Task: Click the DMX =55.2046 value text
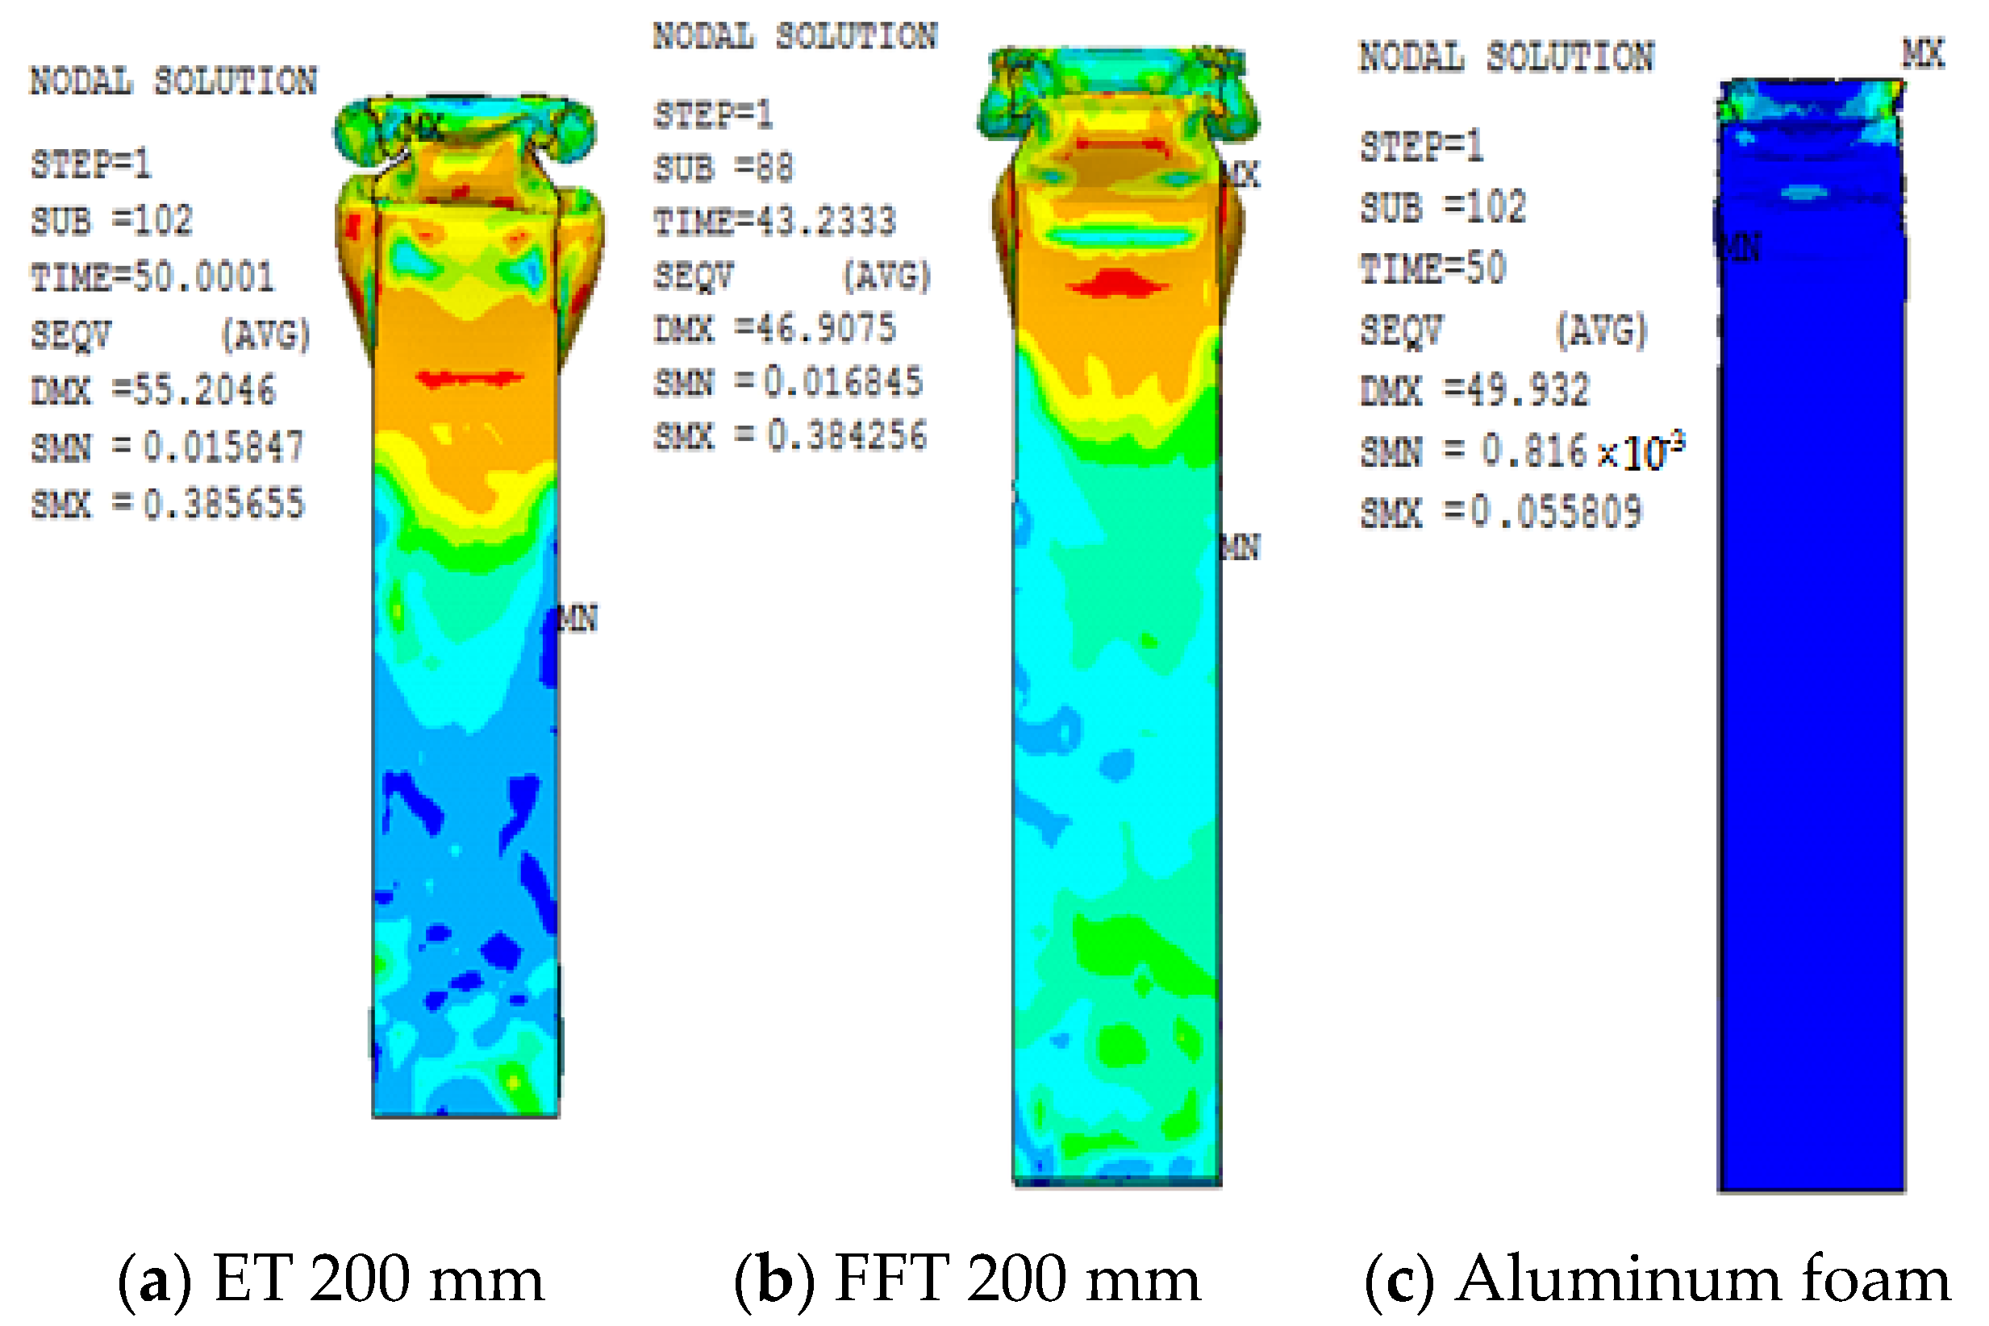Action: (x=152, y=391)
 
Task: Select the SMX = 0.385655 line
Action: (x=167, y=504)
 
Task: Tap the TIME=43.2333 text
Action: (x=774, y=222)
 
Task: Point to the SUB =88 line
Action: (x=723, y=168)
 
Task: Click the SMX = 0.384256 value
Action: (x=790, y=436)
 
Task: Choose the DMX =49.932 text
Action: (x=1474, y=391)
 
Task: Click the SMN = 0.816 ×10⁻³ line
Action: (x=1521, y=451)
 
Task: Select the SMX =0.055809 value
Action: (x=1501, y=512)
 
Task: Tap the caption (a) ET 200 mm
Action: (x=331, y=1278)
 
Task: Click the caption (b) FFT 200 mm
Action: (x=967, y=1278)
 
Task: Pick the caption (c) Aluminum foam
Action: (x=1657, y=1278)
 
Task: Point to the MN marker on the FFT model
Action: (x=1241, y=548)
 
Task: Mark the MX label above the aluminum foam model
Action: (x=1923, y=54)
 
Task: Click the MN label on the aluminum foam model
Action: (x=1741, y=247)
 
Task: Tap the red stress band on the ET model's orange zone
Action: (x=469, y=378)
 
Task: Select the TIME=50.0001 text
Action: (x=152, y=277)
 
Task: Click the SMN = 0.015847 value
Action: (x=167, y=447)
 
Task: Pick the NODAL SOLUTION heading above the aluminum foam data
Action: (x=1506, y=57)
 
